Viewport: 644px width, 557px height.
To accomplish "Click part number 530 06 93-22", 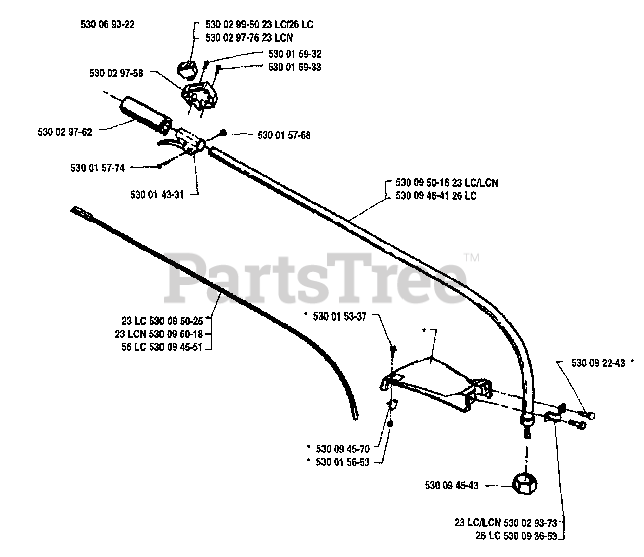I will pyautogui.click(x=107, y=24).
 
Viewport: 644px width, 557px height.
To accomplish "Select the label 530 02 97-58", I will pyautogui.click(x=116, y=73).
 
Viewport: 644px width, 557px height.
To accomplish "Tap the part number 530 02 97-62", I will pyautogui.click(x=65, y=133).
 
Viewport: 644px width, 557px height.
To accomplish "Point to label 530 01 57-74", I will pyautogui.click(x=98, y=168).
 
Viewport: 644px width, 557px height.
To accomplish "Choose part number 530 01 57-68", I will pyautogui.click(x=284, y=135).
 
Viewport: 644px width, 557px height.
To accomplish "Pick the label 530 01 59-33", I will pyautogui.click(x=295, y=67).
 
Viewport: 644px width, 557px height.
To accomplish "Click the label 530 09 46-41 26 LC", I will pyautogui.click(x=436, y=196).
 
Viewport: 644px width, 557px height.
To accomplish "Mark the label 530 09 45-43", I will pyautogui.click(x=451, y=486).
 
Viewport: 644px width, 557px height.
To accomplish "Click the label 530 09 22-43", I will pyautogui.click(x=598, y=362).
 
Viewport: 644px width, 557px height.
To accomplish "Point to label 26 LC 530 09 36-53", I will pyautogui.click(x=516, y=536).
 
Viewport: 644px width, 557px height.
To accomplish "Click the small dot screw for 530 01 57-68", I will pyautogui.click(x=223, y=133).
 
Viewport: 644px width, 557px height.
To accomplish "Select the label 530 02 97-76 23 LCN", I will pyautogui.click(x=250, y=38).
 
